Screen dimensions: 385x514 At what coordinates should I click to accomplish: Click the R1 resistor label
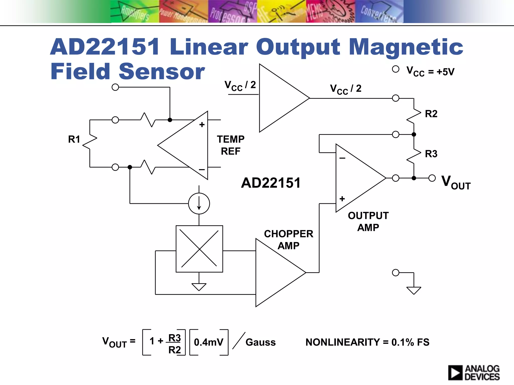[x=74, y=139]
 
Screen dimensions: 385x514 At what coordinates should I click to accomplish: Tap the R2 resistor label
[x=431, y=114]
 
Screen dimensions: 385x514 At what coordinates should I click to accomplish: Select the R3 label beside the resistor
[x=431, y=154]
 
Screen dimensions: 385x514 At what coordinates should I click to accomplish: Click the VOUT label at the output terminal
[x=456, y=182]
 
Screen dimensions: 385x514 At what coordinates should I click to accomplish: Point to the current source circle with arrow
[x=199, y=203]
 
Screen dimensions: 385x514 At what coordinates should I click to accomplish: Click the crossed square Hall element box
[x=199, y=249]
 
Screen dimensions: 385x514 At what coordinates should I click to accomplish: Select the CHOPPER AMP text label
[x=288, y=240]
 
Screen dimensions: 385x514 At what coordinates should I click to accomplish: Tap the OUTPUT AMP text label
[x=368, y=221]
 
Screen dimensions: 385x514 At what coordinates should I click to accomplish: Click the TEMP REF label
[x=230, y=145]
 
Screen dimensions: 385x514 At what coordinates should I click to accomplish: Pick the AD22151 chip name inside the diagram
[x=271, y=183]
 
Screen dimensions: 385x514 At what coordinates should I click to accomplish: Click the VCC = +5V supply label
[x=430, y=72]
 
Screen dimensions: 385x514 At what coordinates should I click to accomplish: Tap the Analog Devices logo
[x=474, y=372]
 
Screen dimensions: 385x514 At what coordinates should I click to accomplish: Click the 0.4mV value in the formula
[x=209, y=342]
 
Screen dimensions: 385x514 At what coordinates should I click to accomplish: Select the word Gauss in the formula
[x=261, y=342]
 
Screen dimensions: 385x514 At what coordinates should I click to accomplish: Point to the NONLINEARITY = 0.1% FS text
[x=367, y=342]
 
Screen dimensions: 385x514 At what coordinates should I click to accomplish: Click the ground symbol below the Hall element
[x=199, y=286]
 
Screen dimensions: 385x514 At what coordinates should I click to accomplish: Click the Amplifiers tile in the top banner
[x=135, y=12]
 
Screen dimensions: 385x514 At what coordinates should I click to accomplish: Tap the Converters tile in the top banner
[x=379, y=12]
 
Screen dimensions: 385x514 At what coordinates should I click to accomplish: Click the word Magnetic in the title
[x=406, y=47]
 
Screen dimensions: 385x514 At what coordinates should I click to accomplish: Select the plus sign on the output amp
[x=342, y=199]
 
